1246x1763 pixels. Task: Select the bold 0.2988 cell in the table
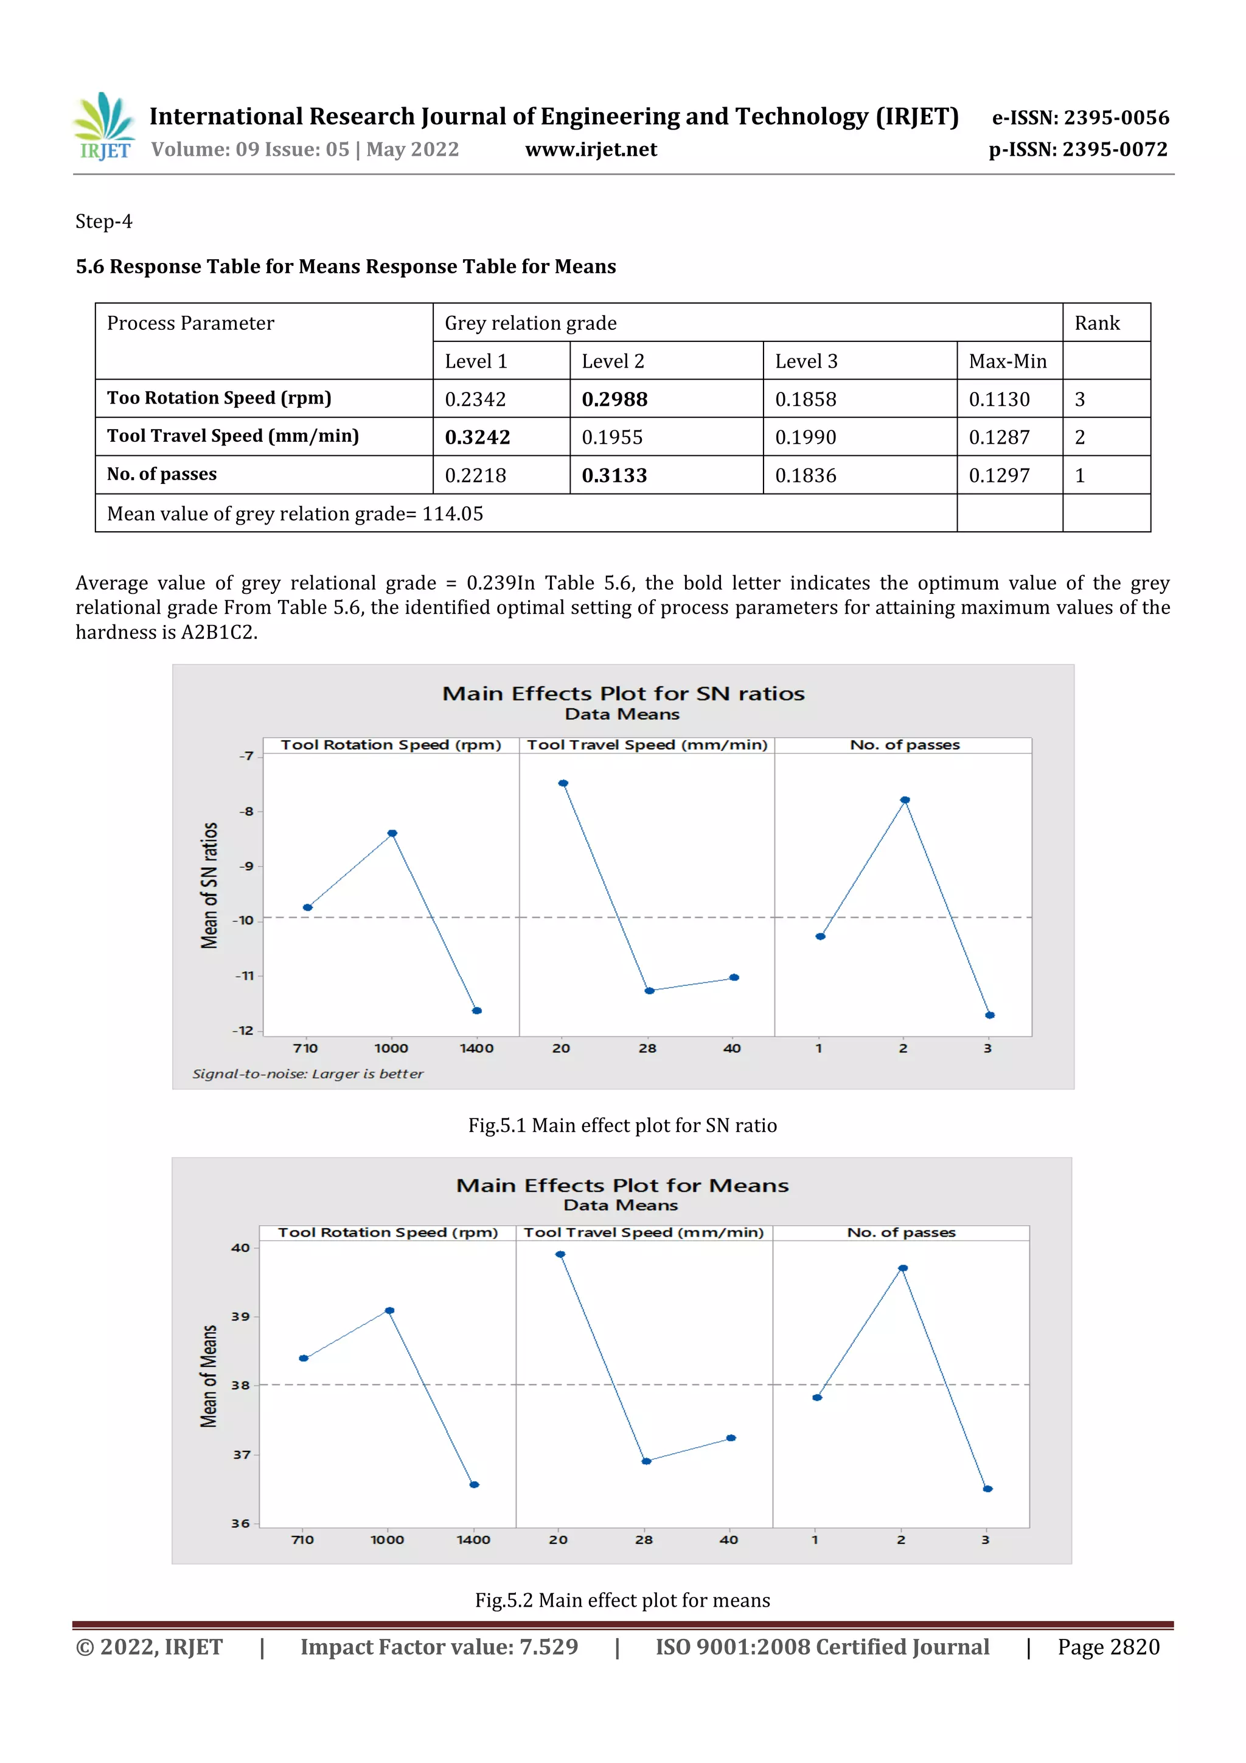click(x=614, y=399)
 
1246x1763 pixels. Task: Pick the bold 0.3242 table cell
click(x=478, y=437)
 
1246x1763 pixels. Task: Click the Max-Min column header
click(x=1008, y=361)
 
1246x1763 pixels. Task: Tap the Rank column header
click(x=1096, y=323)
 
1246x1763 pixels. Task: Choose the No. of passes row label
click(x=162, y=475)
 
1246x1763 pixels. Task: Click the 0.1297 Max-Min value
click(x=999, y=475)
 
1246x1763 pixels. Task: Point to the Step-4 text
click(x=103, y=222)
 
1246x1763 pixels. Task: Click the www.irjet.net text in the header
click(x=590, y=149)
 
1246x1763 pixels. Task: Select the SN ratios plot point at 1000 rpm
click(x=392, y=833)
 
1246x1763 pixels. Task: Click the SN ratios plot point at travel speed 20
click(x=563, y=783)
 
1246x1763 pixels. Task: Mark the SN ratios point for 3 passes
click(x=990, y=1015)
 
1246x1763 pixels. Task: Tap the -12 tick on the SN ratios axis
click(x=244, y=1030)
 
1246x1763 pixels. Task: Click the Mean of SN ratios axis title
click(x=209, y=885)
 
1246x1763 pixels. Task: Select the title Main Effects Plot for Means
click(x=622, y=1185)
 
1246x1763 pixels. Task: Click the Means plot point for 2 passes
click(x=903, y=1268)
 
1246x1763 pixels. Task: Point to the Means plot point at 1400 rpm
click(x=475, y=1484)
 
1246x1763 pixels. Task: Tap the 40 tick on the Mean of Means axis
click(x=240, y=1248)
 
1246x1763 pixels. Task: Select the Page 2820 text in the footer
click(x=1108, y=1647)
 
